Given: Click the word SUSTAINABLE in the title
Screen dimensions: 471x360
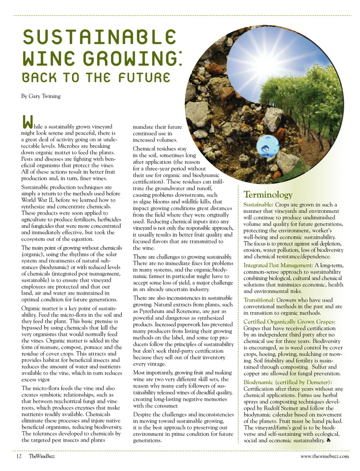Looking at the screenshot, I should tap(99, 37).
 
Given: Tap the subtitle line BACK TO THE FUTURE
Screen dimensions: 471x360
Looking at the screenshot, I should tap(96, 78).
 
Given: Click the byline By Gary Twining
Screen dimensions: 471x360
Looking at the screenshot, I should tap(41, 96).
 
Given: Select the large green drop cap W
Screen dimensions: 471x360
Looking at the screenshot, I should tap(27, 122).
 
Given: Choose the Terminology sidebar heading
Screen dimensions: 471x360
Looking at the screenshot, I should tap(268, 194).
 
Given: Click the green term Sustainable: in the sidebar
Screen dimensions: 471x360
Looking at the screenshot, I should tap(258, 205).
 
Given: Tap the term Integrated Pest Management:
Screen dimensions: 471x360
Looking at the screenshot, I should tap(278, 265).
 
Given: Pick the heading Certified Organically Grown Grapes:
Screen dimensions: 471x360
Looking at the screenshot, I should tap(289, 322).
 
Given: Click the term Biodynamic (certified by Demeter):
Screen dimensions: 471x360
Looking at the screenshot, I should tap(288, 382).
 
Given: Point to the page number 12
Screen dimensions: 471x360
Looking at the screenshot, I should tap(19, 456).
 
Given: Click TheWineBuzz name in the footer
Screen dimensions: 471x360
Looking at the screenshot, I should tap(42, 456).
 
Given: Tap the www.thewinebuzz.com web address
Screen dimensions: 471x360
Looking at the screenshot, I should tap(324, 456).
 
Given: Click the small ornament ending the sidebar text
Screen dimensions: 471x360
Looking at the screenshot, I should tap(328, 441).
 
